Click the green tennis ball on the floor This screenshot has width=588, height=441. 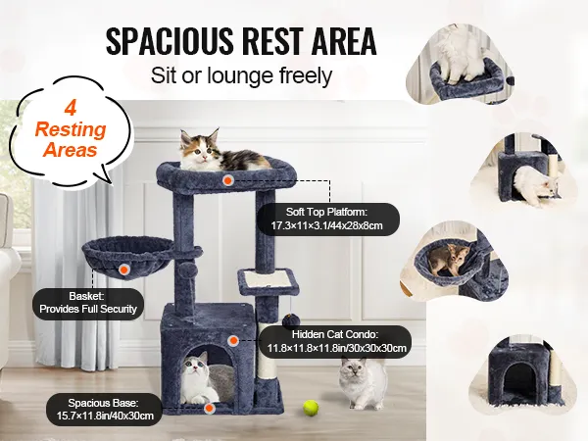tap(311, 408)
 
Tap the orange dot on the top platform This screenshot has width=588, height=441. tap(227, 180)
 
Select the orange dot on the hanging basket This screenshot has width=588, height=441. tap(124, 269)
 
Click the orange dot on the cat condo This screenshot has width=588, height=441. tap(233, 340)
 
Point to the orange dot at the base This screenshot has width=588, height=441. tap(210, 409)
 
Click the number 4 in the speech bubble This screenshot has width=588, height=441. tap(71, 109)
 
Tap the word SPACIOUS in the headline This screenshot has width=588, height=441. tap(170, 41)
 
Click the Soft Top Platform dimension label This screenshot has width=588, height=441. tap(326, 219)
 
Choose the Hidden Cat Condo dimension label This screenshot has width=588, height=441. tap(335, 341)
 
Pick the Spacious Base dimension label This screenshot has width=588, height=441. tap(104, 409)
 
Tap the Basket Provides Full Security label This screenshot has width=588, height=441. tap(88, 303)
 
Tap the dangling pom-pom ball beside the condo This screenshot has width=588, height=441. tap(289, 320)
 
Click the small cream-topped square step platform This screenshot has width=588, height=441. tap(269, 279)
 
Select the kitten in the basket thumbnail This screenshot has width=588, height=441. tap(449, 260)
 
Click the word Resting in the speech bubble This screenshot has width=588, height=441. tap(71, 129)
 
